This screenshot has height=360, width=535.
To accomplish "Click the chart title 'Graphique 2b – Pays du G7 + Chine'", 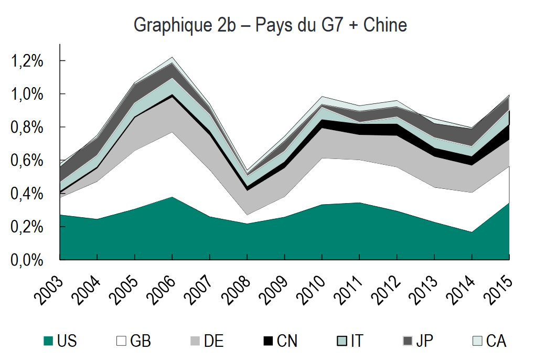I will tap(270, 25).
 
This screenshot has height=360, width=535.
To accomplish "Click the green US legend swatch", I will tap(48, 341).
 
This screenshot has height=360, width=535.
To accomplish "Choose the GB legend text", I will tap(140, 341).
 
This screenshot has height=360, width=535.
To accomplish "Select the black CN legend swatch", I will tap(267, 341).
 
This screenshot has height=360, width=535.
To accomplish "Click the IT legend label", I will tap(357, 341).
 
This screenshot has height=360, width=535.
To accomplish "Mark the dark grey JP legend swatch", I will tap(406, 341).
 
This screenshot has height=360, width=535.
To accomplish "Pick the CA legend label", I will tap(496, 341).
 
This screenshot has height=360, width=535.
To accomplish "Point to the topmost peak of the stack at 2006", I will tap(172, 57).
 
